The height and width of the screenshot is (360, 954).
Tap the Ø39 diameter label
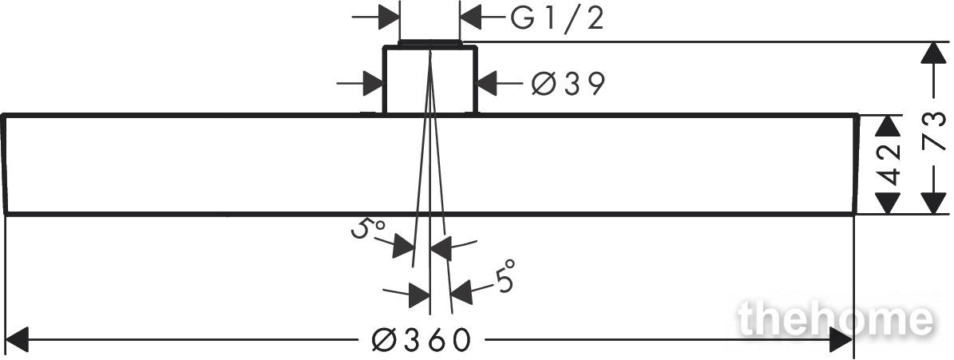(568, 84)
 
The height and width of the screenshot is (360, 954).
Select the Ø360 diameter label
(421, 340)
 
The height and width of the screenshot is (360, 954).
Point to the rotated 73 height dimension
(935, 131)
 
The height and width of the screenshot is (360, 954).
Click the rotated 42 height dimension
(889, 164)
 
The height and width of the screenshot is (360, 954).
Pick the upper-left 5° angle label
(367, 231)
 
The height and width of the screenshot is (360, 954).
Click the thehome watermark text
(835, 318)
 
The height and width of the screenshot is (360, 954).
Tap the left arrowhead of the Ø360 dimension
(17, 339)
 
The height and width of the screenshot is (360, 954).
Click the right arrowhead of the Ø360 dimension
(841, 339)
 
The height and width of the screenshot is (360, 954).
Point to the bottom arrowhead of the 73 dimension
(934, 203)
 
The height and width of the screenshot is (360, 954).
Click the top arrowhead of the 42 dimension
(889, 126)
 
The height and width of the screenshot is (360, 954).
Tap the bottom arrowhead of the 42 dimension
(889, 203)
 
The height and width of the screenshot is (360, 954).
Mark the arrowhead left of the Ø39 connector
(372, 83)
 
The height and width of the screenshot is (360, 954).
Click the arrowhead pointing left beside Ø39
(487, 83)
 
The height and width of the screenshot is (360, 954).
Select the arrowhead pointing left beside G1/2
(470, 17)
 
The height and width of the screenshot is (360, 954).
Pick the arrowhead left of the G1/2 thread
(389, 17)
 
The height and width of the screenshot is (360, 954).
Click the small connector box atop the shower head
(429, 78)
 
